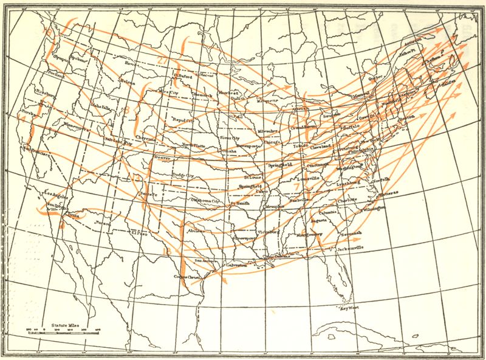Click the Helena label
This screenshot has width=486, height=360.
[127, 80]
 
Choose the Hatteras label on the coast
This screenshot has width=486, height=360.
[387, 193]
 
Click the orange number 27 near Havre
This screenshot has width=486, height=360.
[159, 59]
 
